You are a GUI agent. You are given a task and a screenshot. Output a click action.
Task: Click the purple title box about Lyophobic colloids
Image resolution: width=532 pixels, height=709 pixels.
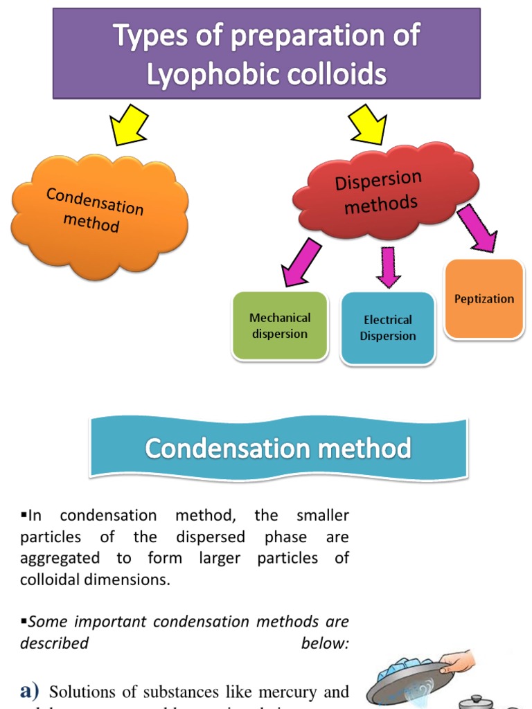pyautogui.click(x=267, y=53)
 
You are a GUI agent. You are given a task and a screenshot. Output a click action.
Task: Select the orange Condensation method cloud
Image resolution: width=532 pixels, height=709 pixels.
pyautogui.click(x=97, y=215)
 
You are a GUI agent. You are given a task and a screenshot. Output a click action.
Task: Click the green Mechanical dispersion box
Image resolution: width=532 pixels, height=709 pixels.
pyautogui.click(x=280, y=326)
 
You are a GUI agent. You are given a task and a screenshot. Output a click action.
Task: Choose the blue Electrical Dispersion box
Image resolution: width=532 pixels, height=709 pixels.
pyautogui.click(x=388, y=328)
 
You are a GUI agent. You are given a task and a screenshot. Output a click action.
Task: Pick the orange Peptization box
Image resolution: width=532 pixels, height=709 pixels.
pyautogui.click(x=484, y=299)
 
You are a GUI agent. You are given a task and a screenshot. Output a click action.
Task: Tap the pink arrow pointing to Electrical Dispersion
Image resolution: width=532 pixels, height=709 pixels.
pyautogui.click(x=388, y=267)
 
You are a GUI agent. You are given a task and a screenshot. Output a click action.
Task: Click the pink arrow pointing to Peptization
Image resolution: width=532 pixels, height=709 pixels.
pyautogui.click(x=477, y=227)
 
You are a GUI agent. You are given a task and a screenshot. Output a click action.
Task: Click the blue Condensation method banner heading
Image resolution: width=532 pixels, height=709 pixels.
pyautogui.click(x=278, y=448)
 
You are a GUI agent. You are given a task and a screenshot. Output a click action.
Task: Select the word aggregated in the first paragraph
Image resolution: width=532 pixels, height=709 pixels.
pyautogui.click(x=60, y=558)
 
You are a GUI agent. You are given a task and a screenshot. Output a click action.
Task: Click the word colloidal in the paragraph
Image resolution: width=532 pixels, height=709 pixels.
pyautogui.click(x=55, y=580)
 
